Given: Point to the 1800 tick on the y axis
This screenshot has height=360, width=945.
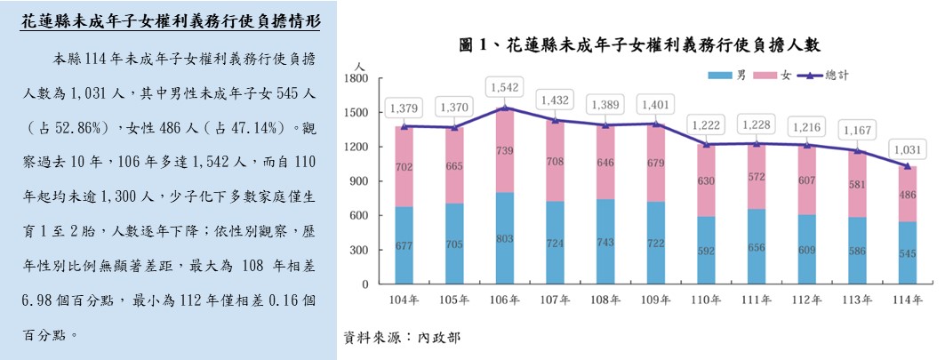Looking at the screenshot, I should (x=356, y=79).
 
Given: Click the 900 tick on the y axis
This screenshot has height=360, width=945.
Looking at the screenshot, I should (x=358, y=181).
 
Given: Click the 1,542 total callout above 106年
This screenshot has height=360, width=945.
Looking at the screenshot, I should (x=503, y=87).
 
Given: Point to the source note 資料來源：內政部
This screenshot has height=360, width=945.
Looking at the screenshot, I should (x=402, y=339).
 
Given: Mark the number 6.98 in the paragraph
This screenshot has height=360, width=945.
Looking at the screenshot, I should (x=40, y=299).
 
